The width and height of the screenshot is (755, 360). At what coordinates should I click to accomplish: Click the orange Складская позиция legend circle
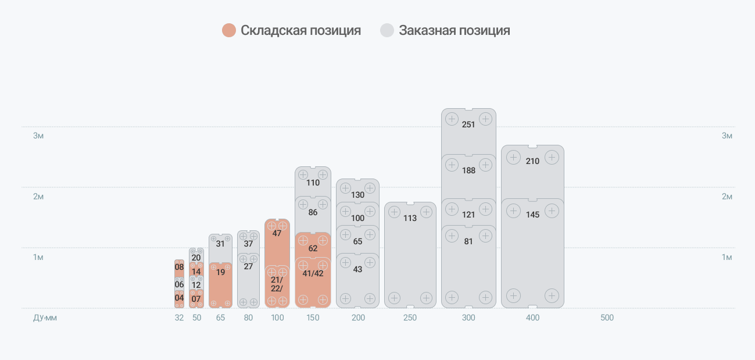click(x=229, y=30)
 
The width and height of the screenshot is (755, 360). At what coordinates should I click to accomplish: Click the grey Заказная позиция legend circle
click(x=387, y=30)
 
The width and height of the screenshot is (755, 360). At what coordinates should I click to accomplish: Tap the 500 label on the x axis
click(x=607, y=318)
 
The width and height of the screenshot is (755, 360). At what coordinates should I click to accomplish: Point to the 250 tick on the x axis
click(x=410, y=318)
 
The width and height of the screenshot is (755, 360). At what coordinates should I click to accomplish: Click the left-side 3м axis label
click(x=38, y=136)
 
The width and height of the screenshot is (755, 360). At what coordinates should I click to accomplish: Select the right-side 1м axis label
click(x=727, y=257)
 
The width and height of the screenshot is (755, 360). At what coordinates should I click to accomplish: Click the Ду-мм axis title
click(x=45, y=318)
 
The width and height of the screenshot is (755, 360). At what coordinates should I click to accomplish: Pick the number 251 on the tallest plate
click(x=468, y=124)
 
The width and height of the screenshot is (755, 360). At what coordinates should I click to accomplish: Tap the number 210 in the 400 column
click(x=532, y=161)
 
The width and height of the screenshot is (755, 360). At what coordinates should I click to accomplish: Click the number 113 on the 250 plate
click(x=410, y=218)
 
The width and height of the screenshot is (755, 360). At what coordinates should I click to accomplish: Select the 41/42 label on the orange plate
click(x=313, y=273)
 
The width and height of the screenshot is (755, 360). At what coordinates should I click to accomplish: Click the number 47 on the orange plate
click(x=277, y=233)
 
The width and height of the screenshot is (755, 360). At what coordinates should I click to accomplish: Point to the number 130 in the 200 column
click(x=357, y=195)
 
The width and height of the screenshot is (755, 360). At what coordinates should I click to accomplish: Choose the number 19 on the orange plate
click(x=220, y=272)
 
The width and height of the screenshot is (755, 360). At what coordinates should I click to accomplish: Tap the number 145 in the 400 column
click(x=532, y=215)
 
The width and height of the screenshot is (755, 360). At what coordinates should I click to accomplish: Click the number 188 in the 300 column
click(x=468, y=170)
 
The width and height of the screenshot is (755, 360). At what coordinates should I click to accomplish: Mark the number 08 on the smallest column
click(x=179, y=268)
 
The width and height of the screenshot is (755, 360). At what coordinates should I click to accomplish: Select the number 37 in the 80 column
click(x=248, y=244)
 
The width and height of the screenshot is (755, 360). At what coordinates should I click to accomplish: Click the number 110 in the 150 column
click(x=313, y=183)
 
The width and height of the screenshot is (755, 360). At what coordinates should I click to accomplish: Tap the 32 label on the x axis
click(x=179, y=318)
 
